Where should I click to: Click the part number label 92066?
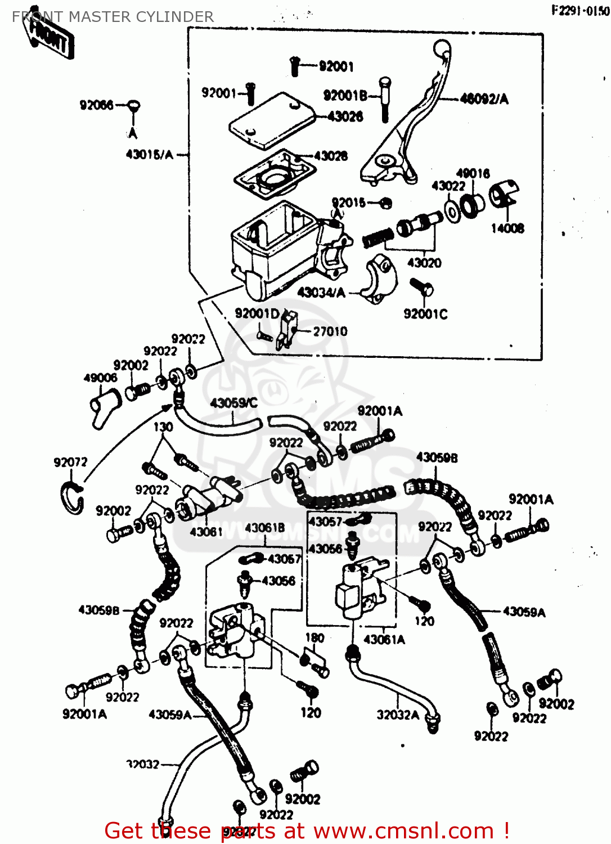(96, 105)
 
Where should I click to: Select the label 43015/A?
(149, 155)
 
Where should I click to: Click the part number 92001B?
(345, 96)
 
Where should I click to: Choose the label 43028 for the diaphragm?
(331, 156)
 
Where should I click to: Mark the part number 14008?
(507, 228)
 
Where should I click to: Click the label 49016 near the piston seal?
(473, 173)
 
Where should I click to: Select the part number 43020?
(424, 263)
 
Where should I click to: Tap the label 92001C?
(425, 314)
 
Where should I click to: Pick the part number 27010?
(330, 331)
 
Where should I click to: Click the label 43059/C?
(233, 403)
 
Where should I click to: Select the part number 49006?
(100, 378)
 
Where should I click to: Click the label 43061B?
(265, 528)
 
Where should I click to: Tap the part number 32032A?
(398, 715)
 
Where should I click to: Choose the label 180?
(315, 638)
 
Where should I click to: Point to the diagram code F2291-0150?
(580, 11)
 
